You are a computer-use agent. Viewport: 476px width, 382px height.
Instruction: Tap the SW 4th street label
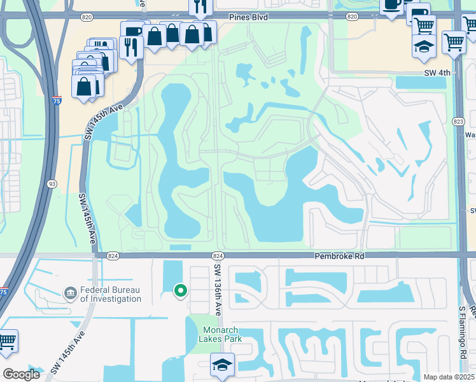[437, 73]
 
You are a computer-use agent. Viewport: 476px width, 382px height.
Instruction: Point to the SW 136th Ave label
[218, 289]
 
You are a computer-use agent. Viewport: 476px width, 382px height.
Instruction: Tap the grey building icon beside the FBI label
[70, 293]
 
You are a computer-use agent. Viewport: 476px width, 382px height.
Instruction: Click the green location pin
[181, 291]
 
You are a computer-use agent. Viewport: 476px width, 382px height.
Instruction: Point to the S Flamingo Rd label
[463, 332]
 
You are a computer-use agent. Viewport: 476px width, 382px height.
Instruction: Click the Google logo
[22, 374]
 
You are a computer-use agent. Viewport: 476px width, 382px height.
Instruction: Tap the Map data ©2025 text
[448, 377]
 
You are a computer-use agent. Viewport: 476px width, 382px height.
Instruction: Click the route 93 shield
[52, 184]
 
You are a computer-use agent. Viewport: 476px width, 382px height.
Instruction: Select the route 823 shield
[459, 121]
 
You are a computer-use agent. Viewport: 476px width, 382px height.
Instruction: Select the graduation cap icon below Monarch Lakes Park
[221, 365]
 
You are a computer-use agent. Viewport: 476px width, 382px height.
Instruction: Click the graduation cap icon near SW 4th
[424, 46]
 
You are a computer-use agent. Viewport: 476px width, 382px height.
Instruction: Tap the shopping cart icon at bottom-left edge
[6, 341]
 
